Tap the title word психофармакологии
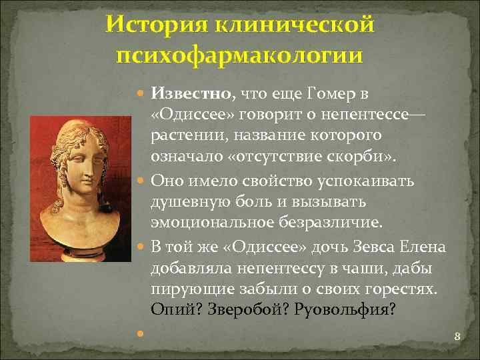pos(239,54)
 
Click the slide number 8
pos(457,337)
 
